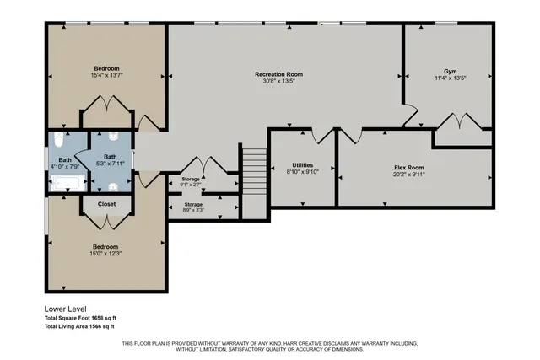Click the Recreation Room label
coord(278,74)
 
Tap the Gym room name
coord(450,71)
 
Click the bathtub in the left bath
coord(66,183)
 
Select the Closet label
coord(106,203)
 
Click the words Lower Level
coord(64,309)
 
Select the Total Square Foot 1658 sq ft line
coord(79,318)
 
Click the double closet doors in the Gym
coord(461,121)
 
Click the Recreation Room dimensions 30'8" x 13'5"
coord(278,83)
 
